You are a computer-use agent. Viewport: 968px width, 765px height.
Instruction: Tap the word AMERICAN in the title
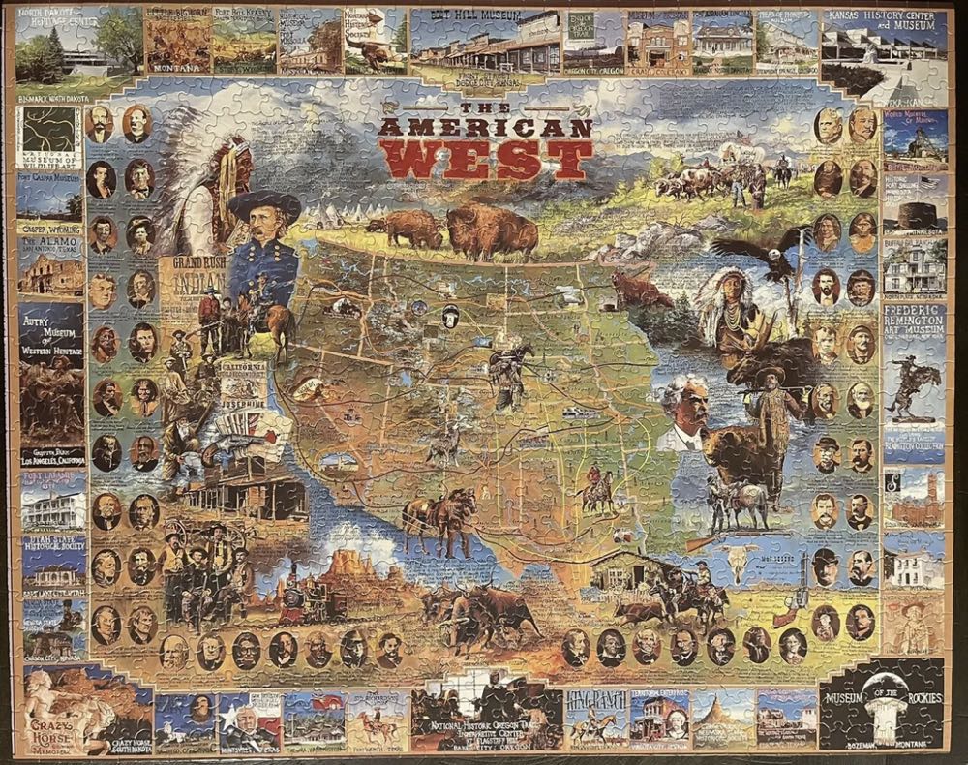(485, 128)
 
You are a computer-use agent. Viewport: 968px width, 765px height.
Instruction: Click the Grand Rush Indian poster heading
(199, 273)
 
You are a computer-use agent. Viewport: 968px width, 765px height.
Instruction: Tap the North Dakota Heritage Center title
(56, 19)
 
